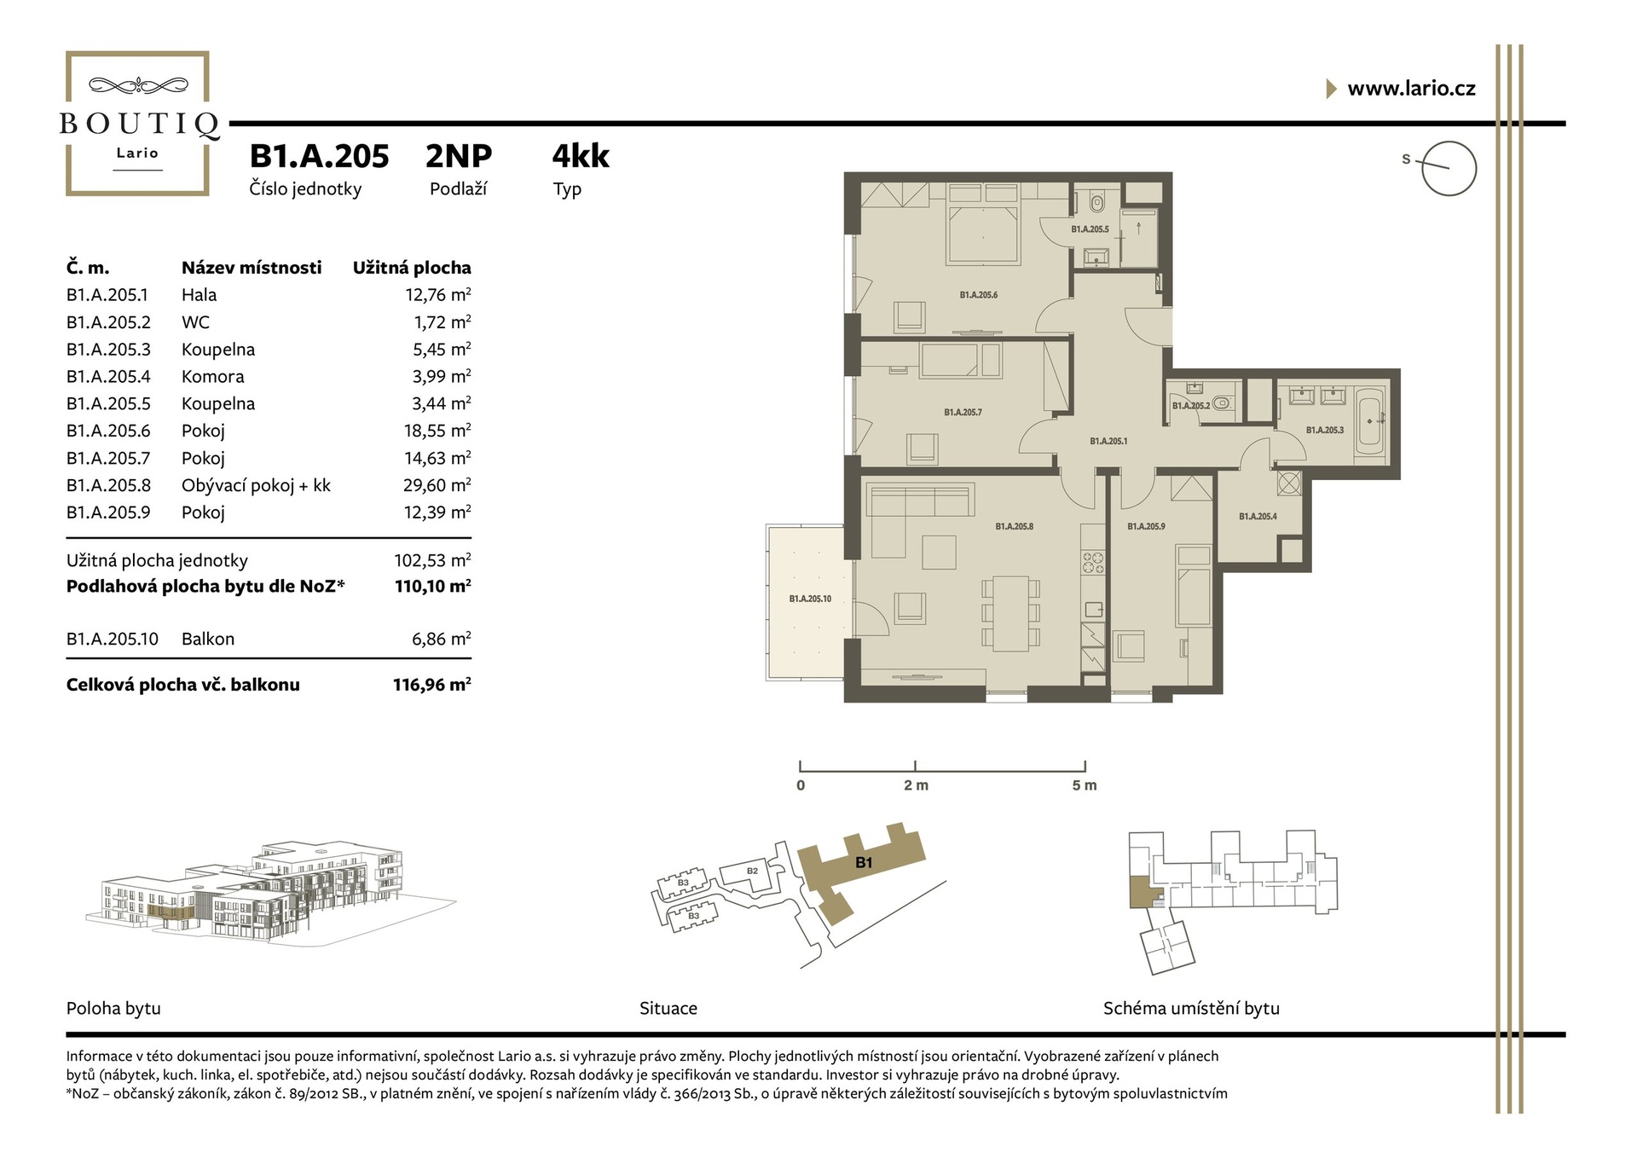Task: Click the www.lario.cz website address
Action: click(1411, 89)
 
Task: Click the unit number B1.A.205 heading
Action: click(319, 156)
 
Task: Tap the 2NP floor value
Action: click(459, 156)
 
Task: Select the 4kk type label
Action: click(581, 156)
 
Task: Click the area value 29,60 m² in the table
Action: click(437, 485)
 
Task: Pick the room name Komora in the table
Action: click(212, 376)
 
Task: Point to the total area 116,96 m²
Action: click(432, 684)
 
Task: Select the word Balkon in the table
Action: click(208, 639)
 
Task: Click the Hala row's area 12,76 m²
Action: click(437, 294)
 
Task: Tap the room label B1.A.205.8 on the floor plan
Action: click(1014, 527)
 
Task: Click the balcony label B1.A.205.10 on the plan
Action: click(810, 599)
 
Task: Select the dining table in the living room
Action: click(1010, 613)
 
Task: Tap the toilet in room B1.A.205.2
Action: click(1223, 402)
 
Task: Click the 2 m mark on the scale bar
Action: click(916, 785)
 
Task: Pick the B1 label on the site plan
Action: click(864, 863)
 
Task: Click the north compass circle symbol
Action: click(1449, 169)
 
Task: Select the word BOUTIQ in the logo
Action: click(138, 124)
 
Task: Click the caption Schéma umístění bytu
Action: click(1191, 1008)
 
